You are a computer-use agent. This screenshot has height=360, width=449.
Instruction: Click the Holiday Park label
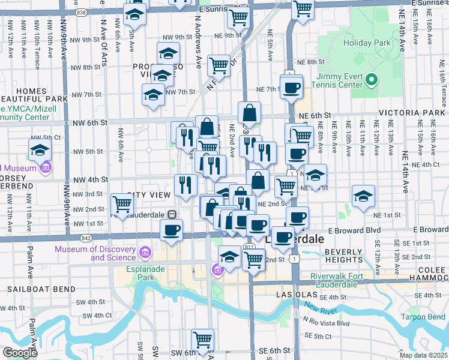click(367, 43)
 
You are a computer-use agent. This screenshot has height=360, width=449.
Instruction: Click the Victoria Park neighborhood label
click(411, 113)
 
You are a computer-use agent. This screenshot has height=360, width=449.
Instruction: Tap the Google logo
click(19, 353)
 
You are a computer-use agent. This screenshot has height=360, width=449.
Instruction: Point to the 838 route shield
click(82, 12)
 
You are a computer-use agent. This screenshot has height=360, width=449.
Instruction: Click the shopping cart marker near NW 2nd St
click(122, 204)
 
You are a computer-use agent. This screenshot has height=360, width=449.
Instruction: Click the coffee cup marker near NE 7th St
click(292, 88)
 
